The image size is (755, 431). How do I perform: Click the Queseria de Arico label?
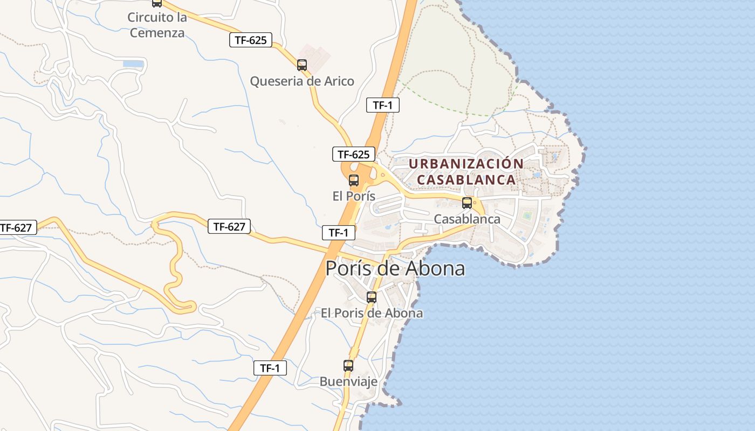pyautogui.click(x=302, y=81)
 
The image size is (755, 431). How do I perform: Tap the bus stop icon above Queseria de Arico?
pyautogui.click(x=302, y=65)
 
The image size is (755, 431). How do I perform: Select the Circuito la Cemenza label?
pyautogui.click(x=157, y=25)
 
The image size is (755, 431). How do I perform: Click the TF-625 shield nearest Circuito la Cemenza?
pyautogui.click(x=251, y=40)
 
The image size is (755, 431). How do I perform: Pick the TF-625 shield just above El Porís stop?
pyautogui.click(x=353, y=155)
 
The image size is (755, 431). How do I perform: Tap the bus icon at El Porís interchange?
pyautogui.click(x=354, y=180)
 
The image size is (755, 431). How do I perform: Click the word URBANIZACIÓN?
pyautogui.click(x=466, y=164)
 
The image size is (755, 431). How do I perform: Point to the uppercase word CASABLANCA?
pyautogui.click(x=466, y=180)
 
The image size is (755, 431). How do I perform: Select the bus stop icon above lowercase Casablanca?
pyautogui.click(x=467, y=203)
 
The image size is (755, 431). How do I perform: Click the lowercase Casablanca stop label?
pyautogui.click(x=467, y=219)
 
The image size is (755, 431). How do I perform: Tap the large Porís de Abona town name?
pyautogui.click(x=395, y=268)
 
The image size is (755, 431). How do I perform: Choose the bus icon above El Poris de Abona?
pyautogui.click(x=371, y=297)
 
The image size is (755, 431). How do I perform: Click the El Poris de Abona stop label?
pyautogui.click(x=372, y=313)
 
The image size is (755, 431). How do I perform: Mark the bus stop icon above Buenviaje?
pyautogui.click(x=348, y=366)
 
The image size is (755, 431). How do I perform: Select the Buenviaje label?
pyautogui.click(x=348, y=381)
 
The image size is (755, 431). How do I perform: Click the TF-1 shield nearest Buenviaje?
pyautogui.click(x=270, y=369)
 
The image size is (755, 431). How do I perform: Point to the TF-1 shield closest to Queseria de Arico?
pyautogui.click(x=383, y=105)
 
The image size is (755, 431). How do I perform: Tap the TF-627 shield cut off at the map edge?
pyautogui.click(x=17, y=228)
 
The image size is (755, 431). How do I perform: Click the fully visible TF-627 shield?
pyautogui.click(x=229, y=227)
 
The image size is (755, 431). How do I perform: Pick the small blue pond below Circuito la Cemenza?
pyautogui.click(x=133, y=64)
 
